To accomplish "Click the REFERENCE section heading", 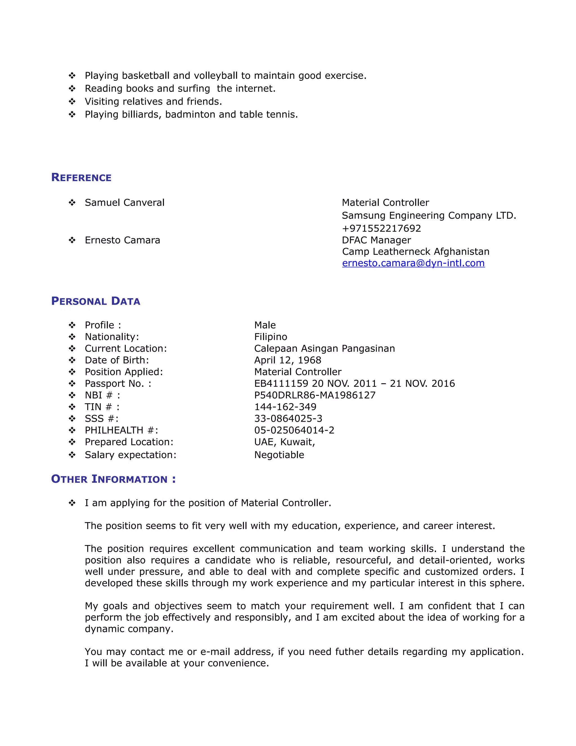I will click(81, 178).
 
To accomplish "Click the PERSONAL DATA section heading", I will click(96, 301).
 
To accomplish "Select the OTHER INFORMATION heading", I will click(113, 479).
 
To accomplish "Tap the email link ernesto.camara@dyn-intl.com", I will click(413, 263).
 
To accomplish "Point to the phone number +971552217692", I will click(381, 228).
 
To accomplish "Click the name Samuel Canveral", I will click(125, 203).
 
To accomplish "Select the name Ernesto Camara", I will click(122, 240).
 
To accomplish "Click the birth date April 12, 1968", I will click(288, 360).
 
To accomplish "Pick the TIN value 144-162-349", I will click(285, 407).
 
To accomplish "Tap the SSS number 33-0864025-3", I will click(288, 418).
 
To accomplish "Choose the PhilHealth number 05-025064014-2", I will click(294, 430).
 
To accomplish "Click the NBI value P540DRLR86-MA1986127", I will click(315, 395).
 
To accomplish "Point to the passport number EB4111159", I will click(281, 384).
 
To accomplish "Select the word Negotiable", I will click(279, 455).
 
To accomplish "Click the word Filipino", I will click(271, 337).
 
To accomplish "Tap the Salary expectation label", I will click(130, 455).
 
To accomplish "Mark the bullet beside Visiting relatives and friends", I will click(72, 101).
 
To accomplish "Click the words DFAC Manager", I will click(376, 240).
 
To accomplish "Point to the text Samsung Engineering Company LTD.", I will click(429, 216).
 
